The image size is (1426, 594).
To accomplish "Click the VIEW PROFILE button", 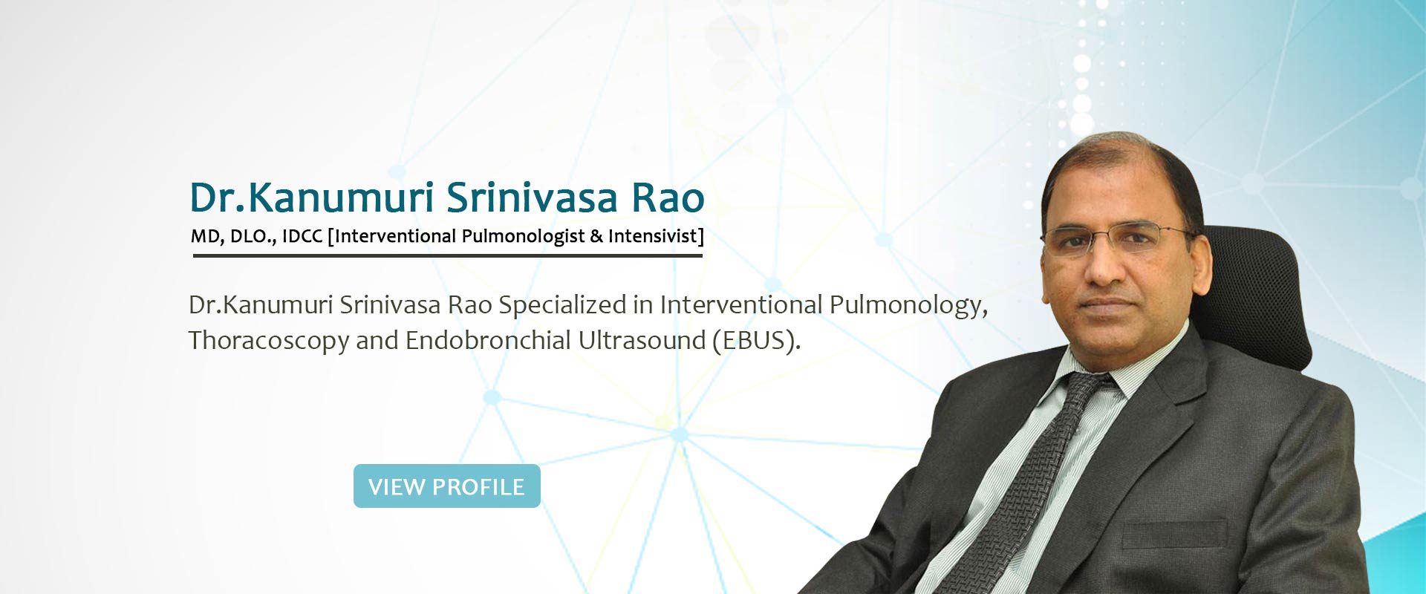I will [446, 486].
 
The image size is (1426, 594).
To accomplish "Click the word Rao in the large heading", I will [668, 198].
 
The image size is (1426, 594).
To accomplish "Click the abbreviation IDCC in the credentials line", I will [302, 236].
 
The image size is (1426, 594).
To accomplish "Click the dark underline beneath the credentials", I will [447, 255].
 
